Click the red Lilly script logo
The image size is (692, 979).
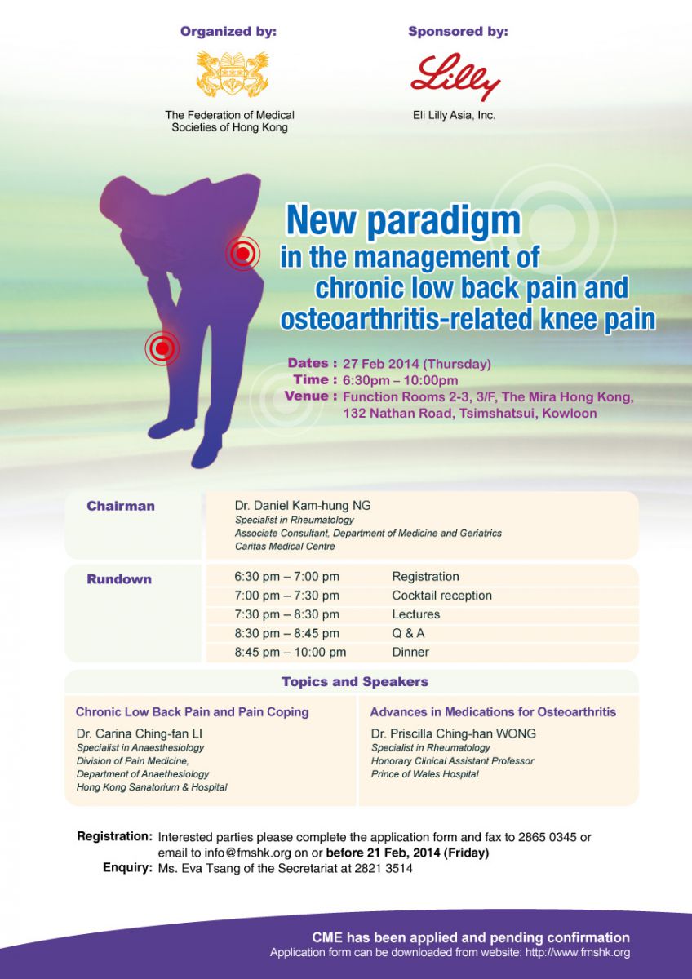click(455, 77)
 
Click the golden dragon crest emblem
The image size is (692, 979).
click(232, 74)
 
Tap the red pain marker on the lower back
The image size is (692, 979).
click(243, 253)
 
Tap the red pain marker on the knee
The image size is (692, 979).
click(162, 348)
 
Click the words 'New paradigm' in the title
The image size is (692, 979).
click(403, 220)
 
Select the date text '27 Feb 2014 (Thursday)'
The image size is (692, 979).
click(417, 364)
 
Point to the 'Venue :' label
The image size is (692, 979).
click(310, 396)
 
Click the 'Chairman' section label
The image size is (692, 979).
click(121, 506)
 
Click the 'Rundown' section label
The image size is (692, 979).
click(119, 579)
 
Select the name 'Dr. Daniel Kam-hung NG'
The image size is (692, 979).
click(303, 506)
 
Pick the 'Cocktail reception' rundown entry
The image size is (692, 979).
click(441, 596)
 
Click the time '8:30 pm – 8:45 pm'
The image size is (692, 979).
click(286, 633)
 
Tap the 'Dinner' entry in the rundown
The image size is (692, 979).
click(410, 652)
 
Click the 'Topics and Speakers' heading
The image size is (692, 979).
click(355, 681)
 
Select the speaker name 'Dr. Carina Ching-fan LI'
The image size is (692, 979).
click(139, 733)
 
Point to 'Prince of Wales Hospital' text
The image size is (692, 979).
click(424, 773)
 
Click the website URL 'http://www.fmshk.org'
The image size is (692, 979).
click(578, 952)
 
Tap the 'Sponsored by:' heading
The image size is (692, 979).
click(458, 32)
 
